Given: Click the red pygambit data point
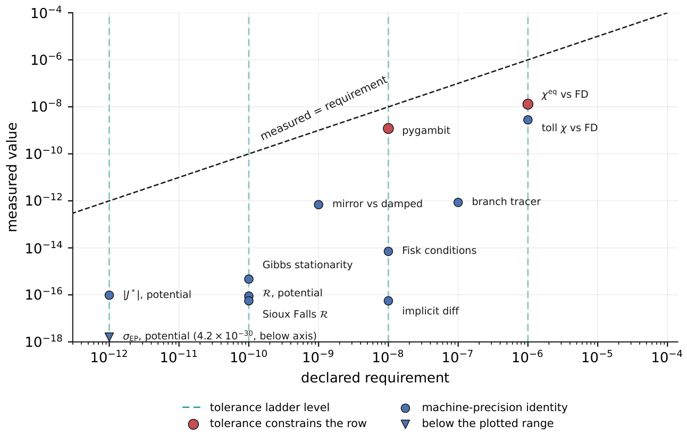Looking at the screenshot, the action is coord(388,129).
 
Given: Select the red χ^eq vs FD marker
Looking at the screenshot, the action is coord(528,104).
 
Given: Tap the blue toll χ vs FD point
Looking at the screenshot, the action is coord(528,120).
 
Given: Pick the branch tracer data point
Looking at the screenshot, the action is coord(458,202).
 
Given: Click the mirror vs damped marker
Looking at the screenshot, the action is coord(319,204).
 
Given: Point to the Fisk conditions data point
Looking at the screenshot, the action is coord(388,252).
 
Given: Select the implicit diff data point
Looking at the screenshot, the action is coord(388,301).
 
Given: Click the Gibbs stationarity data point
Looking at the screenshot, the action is coord(249,279).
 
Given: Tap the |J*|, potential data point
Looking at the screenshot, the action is coord(109,295).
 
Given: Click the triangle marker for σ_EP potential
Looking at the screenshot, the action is coord(109,337).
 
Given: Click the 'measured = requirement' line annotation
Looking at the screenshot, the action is coord(324,108).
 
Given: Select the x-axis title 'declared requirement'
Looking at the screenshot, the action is coord(375,378).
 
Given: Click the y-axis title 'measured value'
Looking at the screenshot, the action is coord(12,177).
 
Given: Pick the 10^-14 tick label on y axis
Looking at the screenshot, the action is coord(44,248).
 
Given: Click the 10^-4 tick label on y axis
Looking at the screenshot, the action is coord(46,13).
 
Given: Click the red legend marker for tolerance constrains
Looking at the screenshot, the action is coord(193,424).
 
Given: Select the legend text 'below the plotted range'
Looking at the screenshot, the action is coord(488,423).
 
